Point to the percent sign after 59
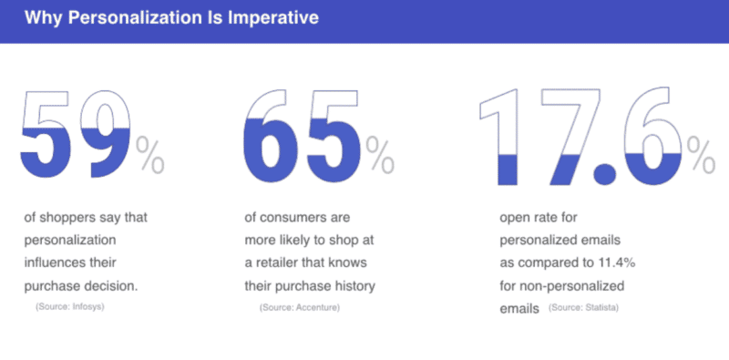(150, 154)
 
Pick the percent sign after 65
(379, 154)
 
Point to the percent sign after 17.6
(701, 154)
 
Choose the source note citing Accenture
(300, 308)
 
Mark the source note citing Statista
(584, 308)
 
